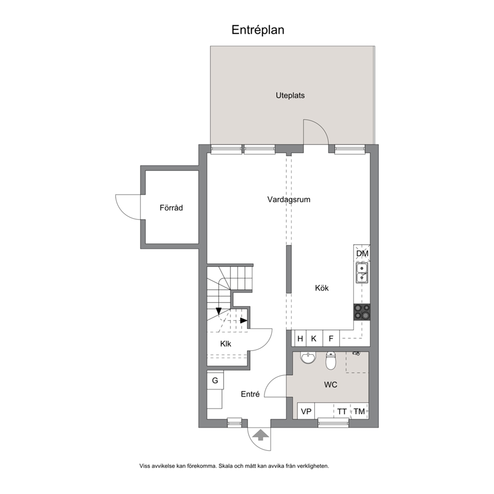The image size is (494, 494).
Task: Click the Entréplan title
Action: pos(258,30)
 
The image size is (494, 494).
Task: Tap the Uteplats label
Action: pos(290,96)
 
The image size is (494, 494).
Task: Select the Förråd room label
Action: pos(171,208)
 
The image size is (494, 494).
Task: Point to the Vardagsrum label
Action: pos(289,199)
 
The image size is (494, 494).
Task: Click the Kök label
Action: pos(322,288)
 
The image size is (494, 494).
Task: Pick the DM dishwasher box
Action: pos(362,253)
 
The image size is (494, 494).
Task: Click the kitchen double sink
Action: pos(362,273)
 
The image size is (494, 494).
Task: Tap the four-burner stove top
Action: pos(362,312)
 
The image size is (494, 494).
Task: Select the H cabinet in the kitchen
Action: pos(300,338)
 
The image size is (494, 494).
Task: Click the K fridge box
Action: pos(314,338)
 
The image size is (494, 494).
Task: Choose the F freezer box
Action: pos(331,338)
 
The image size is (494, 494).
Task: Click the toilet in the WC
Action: pos(331,361)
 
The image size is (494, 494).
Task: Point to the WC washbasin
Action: pos(308,358)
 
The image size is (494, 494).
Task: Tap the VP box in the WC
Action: pos(306,411)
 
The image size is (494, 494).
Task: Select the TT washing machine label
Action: pos(342,411)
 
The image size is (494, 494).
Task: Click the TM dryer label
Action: pos(359,411)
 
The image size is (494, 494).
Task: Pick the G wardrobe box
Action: pos(215,380)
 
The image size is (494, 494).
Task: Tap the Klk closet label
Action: pos(226,344)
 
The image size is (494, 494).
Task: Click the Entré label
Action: pos(250,394)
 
